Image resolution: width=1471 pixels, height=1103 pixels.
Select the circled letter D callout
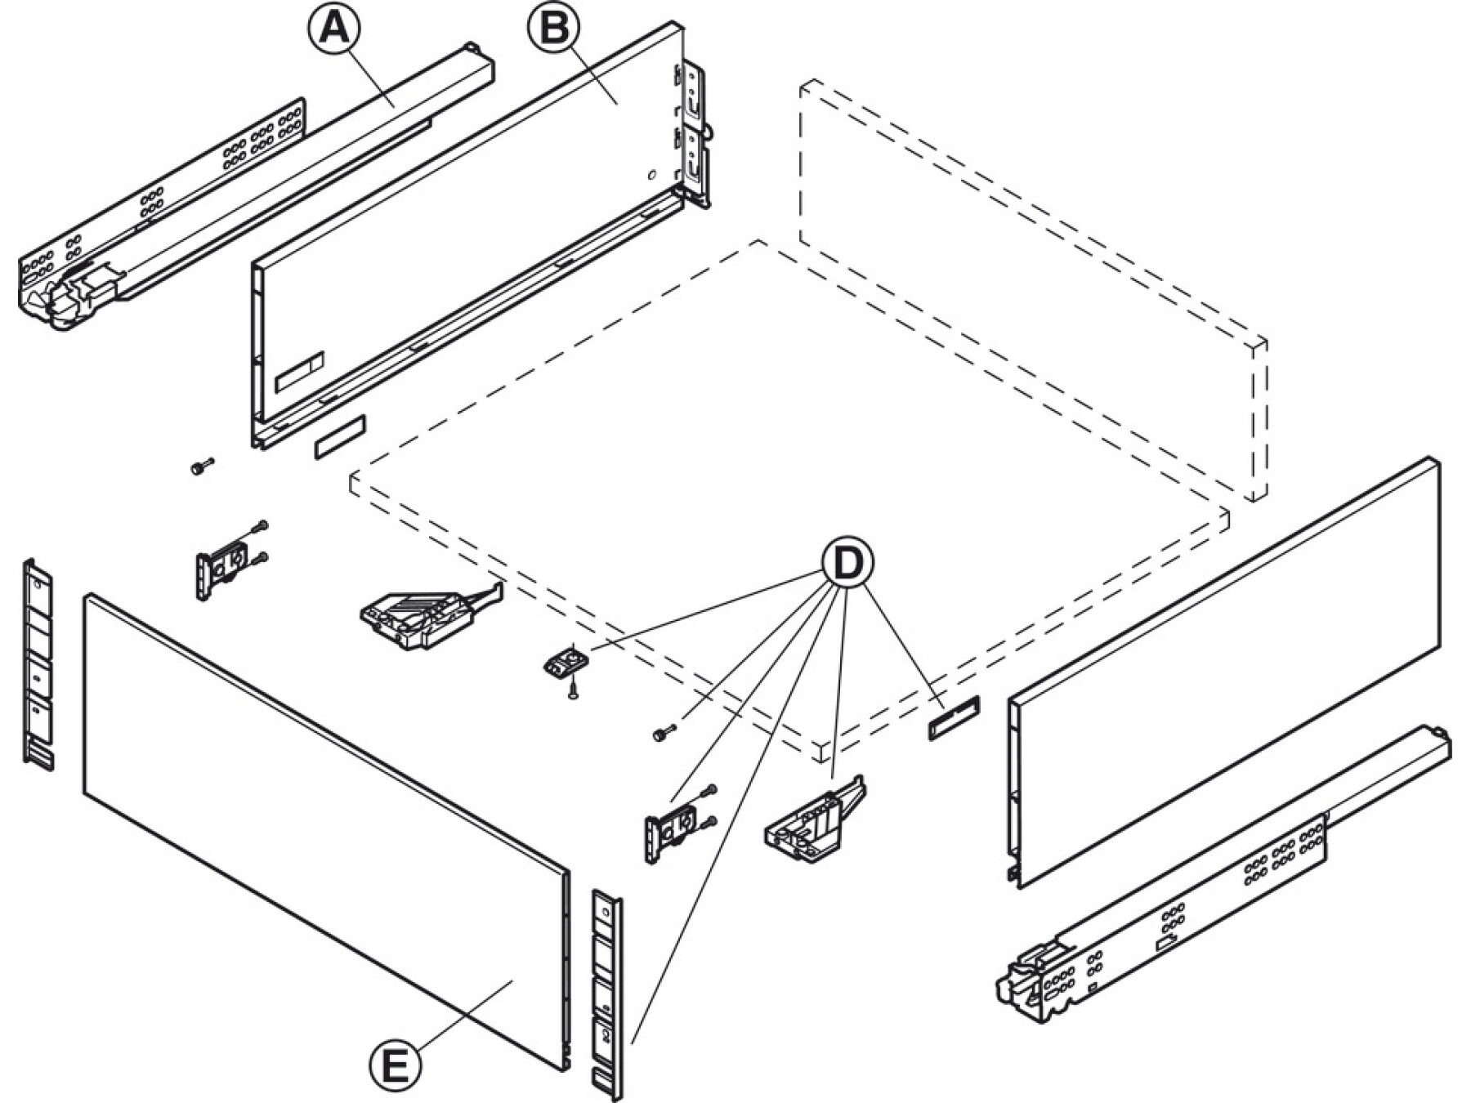847,563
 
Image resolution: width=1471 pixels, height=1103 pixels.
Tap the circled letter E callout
396,1065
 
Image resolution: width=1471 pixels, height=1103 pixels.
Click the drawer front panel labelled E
327,825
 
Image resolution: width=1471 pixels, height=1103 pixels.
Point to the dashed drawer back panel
1030,286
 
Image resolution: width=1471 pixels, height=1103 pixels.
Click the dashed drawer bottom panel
785,490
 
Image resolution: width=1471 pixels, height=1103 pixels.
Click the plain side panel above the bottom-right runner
1226,670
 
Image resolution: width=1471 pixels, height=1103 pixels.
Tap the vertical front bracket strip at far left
38,662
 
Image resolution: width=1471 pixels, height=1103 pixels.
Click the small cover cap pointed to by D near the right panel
954,717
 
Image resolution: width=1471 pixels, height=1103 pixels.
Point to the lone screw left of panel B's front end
200,467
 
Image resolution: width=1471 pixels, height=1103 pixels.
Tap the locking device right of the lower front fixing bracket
813,821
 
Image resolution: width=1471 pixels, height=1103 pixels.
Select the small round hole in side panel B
651,175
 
